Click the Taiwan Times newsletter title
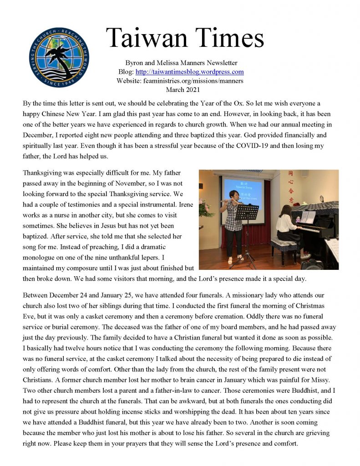(185, 37)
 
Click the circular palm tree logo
(59, 57)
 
